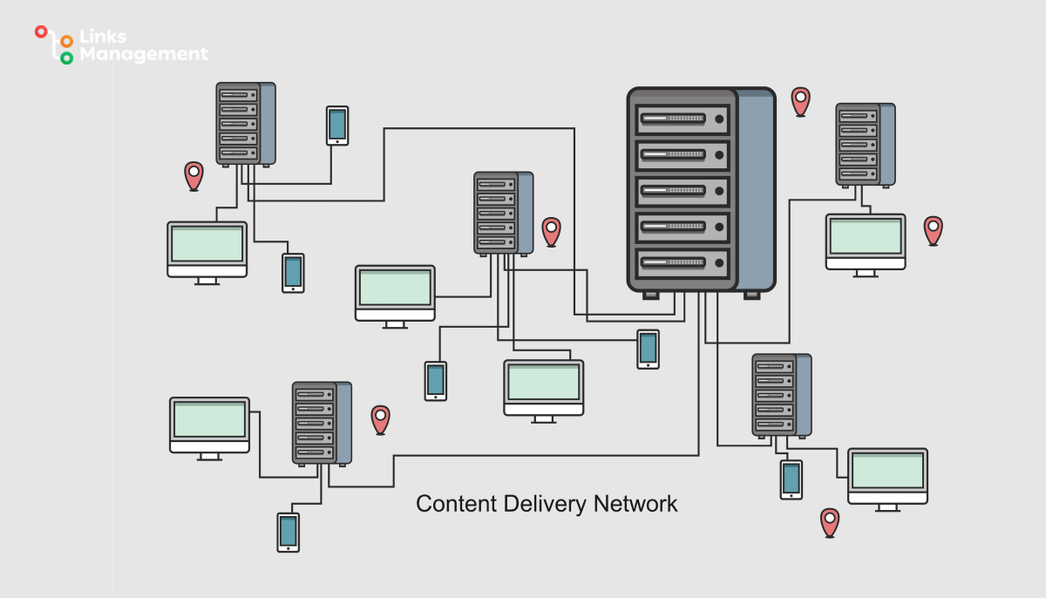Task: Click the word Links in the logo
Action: click(x=103, y=37)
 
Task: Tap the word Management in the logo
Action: click(x=144, y=54)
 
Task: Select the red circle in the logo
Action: click(x=40, y=31)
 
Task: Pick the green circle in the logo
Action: click(x=66, y=58)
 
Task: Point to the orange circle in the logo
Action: click(x=66, y=41)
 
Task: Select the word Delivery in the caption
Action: click(x=546, y=504)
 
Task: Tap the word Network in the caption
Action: click(x=635, y=504)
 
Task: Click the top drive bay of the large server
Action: click(x=683, y=118)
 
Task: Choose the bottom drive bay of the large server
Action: click(x=683, y=261)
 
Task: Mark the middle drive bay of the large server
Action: click(x=683, y=189)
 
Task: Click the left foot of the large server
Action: click(x=650, y=295)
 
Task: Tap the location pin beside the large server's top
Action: click(x=800, y=101)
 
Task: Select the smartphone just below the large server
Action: click(x=648, y=349)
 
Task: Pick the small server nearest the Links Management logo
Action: click(x=245, y=124)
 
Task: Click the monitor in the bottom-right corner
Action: click(x=887, y=475)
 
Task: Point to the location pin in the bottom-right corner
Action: click(x=830, y=522)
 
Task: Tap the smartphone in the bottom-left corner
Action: click(x=288, y=532)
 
